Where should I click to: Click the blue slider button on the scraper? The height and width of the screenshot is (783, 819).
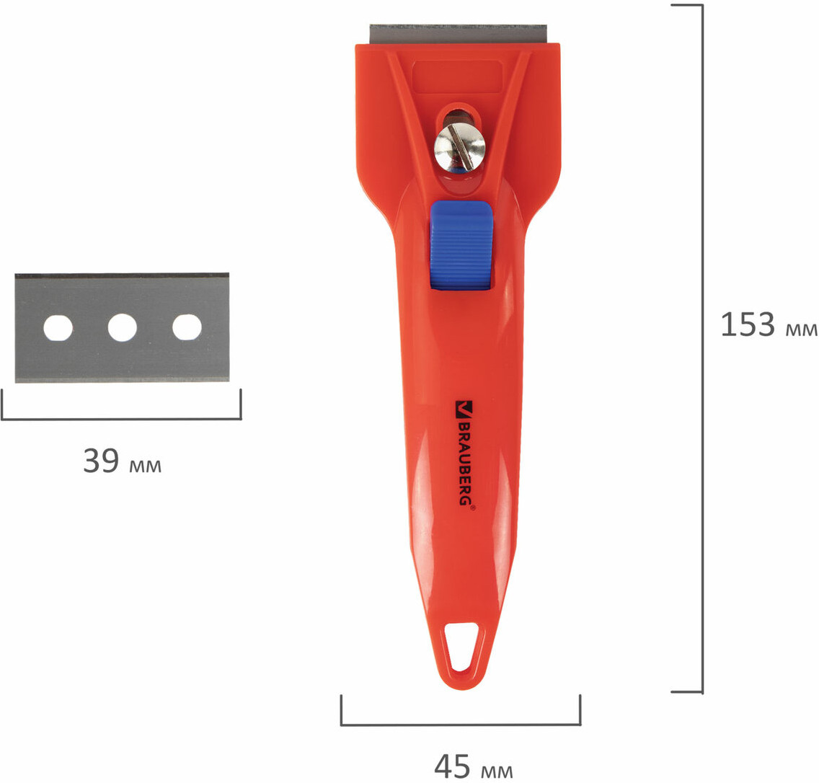click(461, 246)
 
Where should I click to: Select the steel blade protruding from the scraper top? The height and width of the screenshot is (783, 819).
click(458, 34)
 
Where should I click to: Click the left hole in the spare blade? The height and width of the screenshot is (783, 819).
click(58, 328)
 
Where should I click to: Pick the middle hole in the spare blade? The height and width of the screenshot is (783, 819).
click(123, 327)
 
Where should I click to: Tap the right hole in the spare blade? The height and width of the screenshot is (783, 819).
click(187, 327)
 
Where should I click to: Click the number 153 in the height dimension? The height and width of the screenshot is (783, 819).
click(748, 324)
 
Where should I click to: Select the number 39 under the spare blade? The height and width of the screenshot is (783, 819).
click(102, 460)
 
